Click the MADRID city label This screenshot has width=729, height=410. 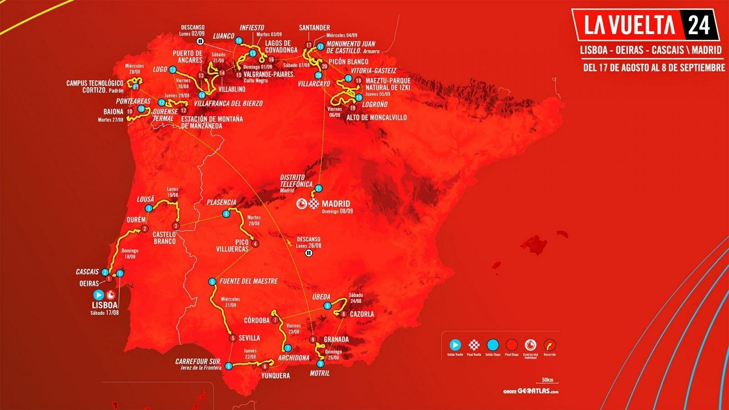(336, 204)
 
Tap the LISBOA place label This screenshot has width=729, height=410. (105, 305)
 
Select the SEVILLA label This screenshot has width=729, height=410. (249, 338)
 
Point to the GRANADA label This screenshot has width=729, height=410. (336, 339)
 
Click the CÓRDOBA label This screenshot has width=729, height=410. (257, 320)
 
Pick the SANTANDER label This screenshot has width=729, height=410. (314, 28)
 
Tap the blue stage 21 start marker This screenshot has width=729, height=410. (319, 188)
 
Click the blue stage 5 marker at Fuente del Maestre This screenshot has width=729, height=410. (212, 282)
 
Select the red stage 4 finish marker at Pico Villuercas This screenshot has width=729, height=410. (255, 243)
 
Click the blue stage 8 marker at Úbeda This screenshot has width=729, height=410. (327, 306)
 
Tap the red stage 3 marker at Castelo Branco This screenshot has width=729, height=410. (176, 226)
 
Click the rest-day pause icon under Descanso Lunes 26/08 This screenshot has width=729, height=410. (308, 253)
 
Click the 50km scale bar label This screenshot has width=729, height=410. (547, 380)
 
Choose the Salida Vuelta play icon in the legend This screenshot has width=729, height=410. (455, 345)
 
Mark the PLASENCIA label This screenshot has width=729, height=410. (221, 202)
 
